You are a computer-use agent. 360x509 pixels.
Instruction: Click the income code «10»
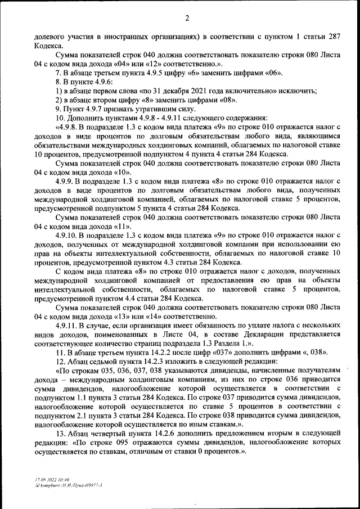[x=124, y=172]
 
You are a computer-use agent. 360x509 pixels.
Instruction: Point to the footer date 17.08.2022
[x=44, y=474]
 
